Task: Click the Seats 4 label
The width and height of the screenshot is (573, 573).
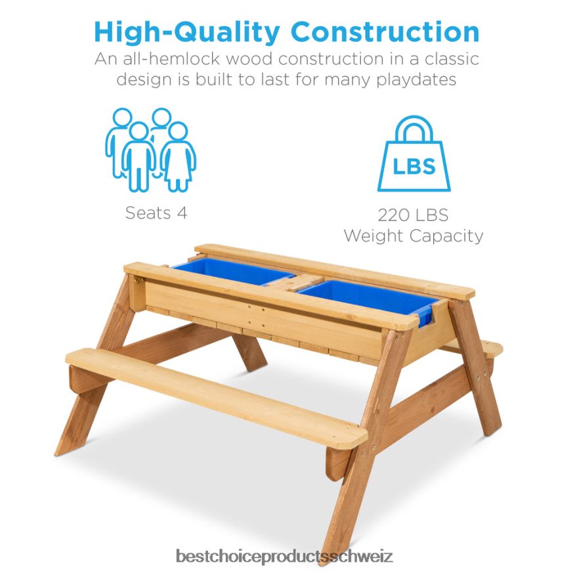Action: [x=156, y=213]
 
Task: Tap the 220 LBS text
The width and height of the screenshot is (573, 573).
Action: [x=413, y=215]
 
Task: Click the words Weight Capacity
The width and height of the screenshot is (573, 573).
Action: [x=413, y=236]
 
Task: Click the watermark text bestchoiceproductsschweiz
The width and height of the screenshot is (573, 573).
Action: [x=284, y=557]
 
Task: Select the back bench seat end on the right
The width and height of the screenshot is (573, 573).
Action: [x=489, y=347]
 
